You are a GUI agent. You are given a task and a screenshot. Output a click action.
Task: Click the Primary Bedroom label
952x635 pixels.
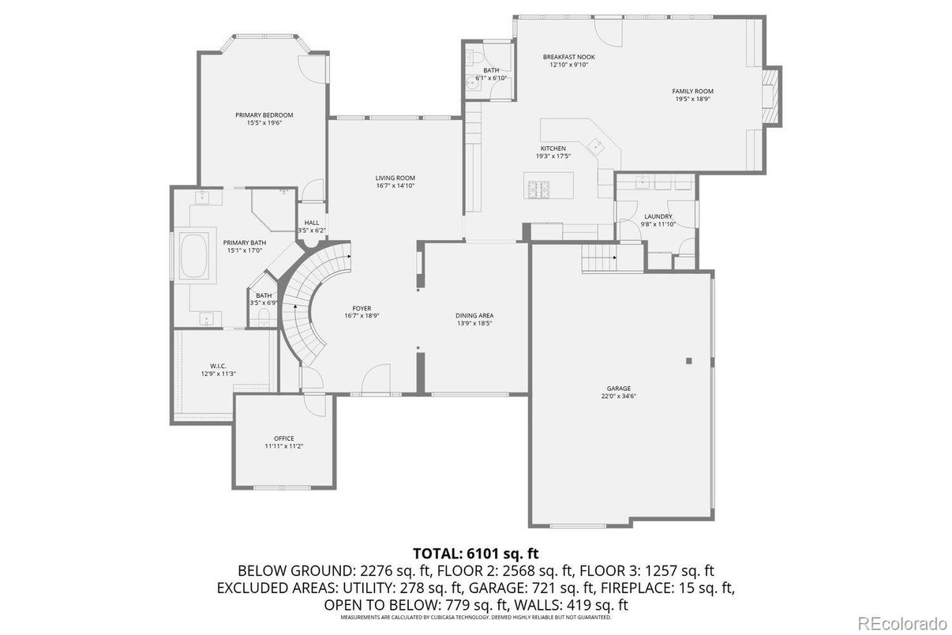264,115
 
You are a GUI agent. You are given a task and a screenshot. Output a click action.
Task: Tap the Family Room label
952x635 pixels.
692,92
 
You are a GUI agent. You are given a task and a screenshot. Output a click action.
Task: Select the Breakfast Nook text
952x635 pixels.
568,57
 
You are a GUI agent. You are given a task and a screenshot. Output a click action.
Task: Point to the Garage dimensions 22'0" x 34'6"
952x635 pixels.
619,396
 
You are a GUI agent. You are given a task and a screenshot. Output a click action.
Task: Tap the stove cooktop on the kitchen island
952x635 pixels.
538,190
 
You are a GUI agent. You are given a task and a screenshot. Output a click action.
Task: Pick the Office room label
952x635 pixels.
284,438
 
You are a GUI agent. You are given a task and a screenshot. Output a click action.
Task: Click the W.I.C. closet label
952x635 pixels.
219,366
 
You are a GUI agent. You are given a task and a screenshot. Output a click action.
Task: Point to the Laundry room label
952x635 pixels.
658,216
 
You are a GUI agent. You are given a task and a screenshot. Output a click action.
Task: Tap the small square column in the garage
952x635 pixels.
689,360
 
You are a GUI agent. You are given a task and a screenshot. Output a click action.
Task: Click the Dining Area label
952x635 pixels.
474,315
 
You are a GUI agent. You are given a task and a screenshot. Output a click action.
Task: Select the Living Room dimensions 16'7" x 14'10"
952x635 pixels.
395,186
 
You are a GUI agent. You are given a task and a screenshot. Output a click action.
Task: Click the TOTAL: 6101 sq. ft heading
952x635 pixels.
476,553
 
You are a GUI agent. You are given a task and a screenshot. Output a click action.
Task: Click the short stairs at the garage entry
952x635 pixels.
599,256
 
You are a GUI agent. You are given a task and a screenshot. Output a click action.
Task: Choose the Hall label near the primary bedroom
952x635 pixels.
311,223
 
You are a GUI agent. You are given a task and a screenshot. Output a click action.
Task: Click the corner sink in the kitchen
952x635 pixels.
597,145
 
